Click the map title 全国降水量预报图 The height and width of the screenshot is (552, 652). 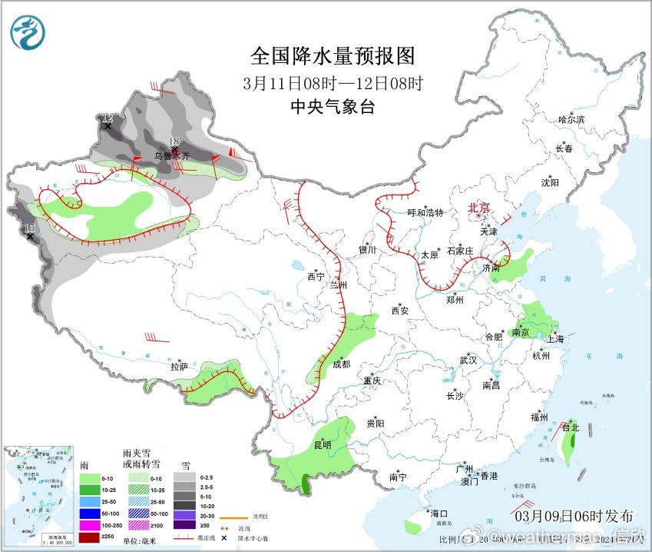point(333,56)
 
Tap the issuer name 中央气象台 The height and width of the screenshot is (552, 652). point(333,107)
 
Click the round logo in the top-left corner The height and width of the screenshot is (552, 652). point(28,32)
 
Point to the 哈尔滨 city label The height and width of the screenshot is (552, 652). point(571,120)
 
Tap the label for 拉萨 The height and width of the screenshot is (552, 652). point(179,367)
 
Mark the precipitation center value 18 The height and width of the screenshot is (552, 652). point(174,141)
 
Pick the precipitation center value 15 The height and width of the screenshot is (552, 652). point(29,228)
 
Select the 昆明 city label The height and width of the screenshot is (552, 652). point(322,445)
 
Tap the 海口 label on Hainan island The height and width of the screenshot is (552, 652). point(439,514)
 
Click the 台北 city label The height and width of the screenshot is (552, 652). point(570,427)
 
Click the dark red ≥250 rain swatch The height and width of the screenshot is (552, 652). point(90,537)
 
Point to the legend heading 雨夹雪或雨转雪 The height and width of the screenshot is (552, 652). point(141,459)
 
